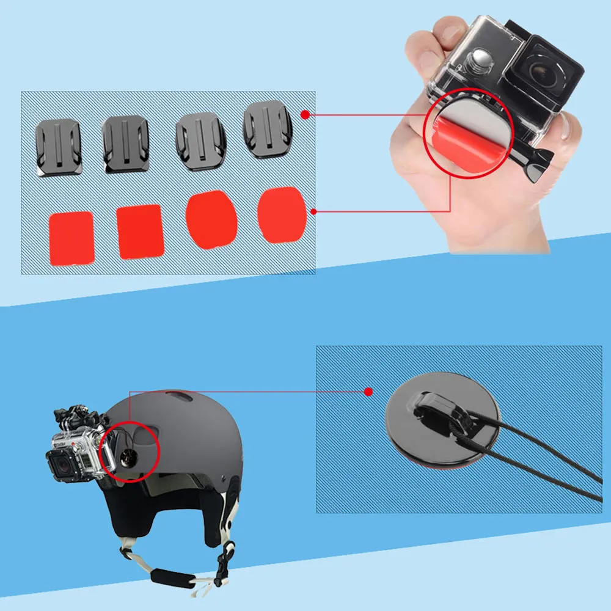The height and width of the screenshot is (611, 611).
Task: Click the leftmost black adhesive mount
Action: pyautogui.click(x=57, y=148)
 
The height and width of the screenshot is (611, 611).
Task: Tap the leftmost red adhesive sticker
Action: pyautogui.click(x=71, y=238)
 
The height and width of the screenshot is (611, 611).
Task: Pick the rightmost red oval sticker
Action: pyautogui.click(x=281, y=215)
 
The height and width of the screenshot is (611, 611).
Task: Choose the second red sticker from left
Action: pyautogui.click(x=141, y=231)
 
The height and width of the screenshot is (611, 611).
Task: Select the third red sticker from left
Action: pyautogui.click(x=211, y=220)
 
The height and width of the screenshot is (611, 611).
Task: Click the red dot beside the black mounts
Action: pyautogui.click(x=305, y=114)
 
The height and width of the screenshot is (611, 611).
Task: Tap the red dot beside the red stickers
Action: pyautogui.click(x=313, y=212)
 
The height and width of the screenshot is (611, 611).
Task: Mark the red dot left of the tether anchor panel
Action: pyautogui.click(x=368, y=391)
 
